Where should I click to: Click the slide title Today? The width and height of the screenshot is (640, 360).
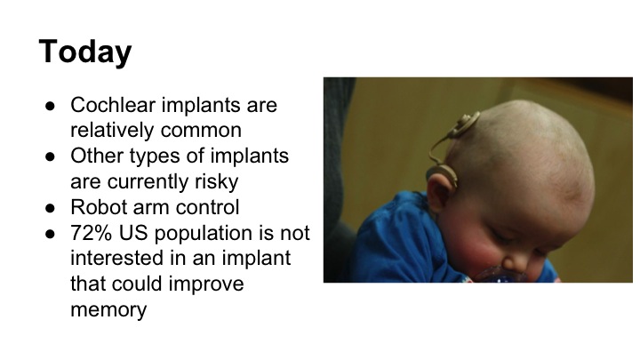[x=85, y=52]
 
